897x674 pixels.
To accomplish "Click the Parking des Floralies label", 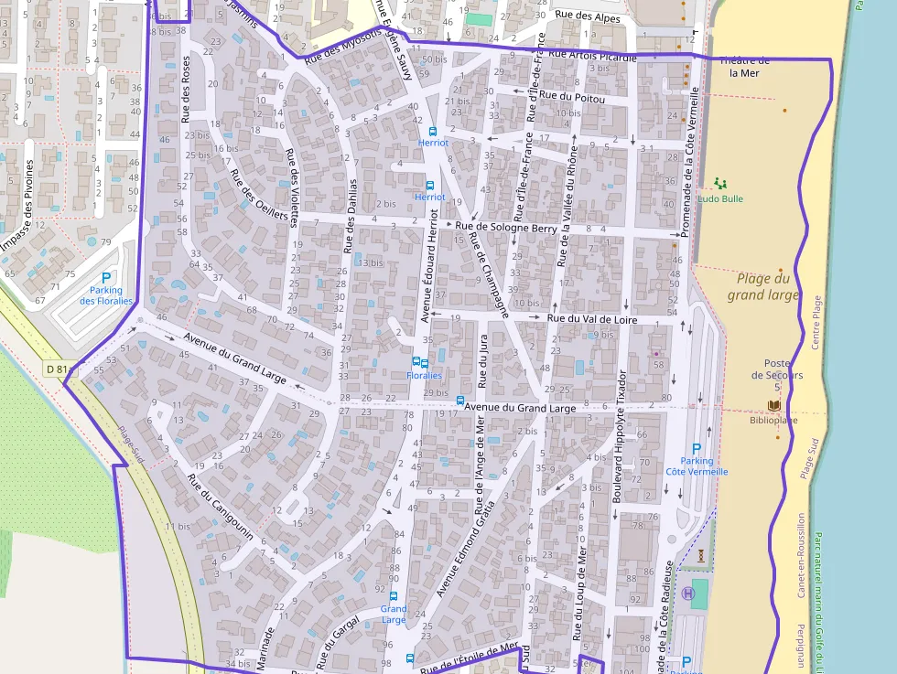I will pos(106,295).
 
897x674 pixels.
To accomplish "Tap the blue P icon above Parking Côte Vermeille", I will pos(697,449).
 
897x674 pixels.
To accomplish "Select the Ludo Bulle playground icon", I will pos(716,184).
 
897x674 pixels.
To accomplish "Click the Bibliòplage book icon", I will pos(774,405).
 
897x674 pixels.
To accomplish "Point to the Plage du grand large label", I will pos(763,286).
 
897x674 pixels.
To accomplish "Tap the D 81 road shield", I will pos(57,369).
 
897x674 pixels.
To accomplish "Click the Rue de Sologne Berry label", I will pos(506,227).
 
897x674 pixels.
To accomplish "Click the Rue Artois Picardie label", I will pos(591,57).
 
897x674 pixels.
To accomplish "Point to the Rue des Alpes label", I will pos(588,17).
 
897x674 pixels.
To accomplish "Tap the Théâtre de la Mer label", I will pos(743,67).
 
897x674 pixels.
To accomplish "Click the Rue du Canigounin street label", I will pos(220,507).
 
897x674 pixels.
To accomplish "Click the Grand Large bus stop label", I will pos(394,614).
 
